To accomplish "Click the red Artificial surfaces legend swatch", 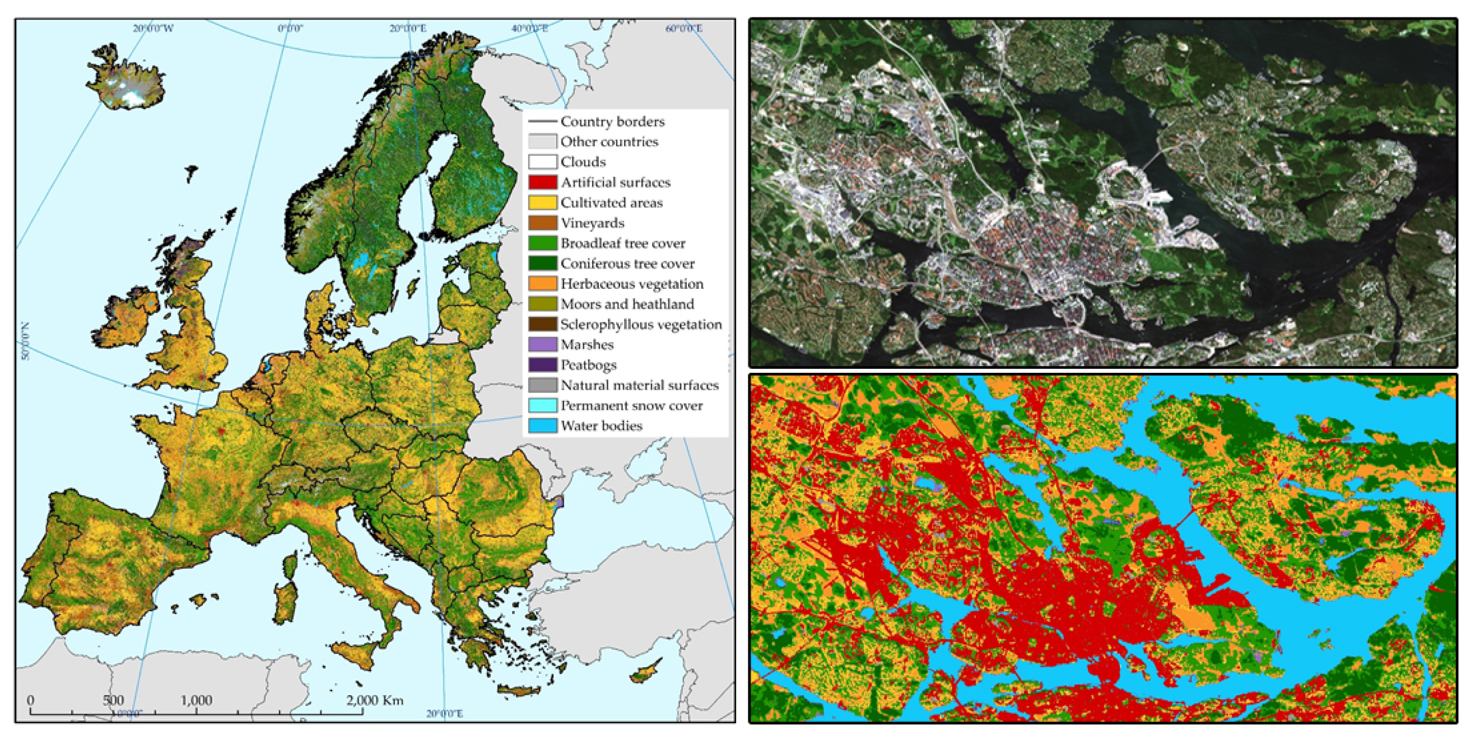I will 542,182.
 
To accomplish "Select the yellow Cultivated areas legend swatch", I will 542,203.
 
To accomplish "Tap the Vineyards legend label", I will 592,223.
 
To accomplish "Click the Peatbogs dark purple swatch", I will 542,364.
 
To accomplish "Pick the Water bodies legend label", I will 601,425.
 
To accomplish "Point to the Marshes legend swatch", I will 542,345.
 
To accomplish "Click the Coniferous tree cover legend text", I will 627,263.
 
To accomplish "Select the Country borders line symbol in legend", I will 542,121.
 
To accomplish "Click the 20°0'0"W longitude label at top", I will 153,28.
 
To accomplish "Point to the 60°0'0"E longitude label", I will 683,28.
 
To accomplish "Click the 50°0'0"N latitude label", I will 25,341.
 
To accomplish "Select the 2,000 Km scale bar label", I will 374,700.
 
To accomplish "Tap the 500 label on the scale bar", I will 113,700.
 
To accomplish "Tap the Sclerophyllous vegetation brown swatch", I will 542,324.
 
